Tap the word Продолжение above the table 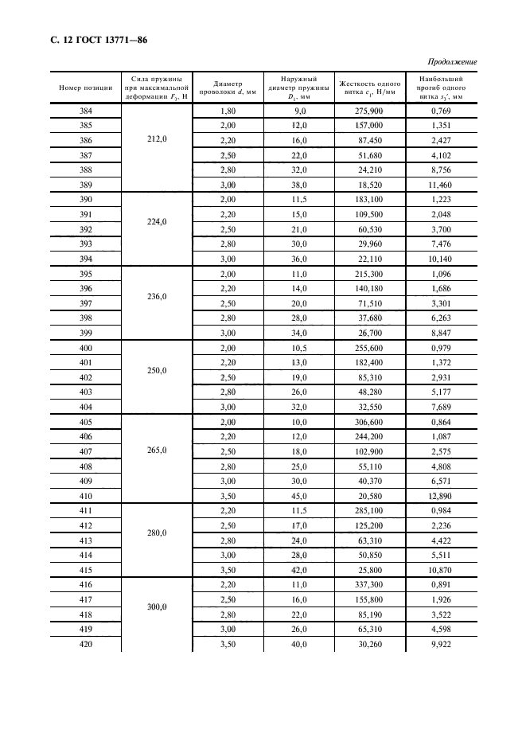452,62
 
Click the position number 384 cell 86,111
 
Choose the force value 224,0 158,222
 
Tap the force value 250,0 158,370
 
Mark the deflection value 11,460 440,184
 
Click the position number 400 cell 86,349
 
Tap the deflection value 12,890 440,495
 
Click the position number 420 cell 86,644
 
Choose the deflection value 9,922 440,644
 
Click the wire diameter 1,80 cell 228,111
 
